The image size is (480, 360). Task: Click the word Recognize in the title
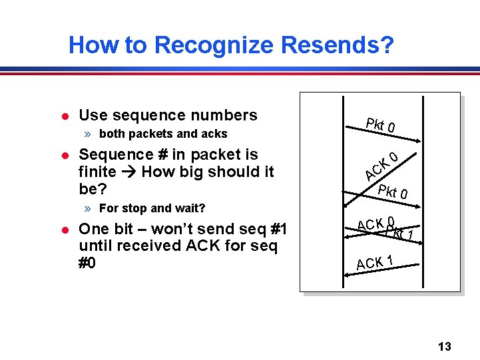(x=213, y=45)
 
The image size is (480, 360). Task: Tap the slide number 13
(x=445, y=347)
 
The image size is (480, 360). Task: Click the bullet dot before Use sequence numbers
(x=65, y=116)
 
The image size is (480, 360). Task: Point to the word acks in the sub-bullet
(x=214, y=134)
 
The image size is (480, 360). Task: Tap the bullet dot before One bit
(x=65, y=230)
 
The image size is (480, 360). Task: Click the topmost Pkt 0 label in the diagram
(x=381, y=124)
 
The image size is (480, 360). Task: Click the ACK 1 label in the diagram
(x=377, y=262)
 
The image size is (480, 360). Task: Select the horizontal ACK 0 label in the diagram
(x=375, y=224)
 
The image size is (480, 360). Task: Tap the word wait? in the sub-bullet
(x=189, y=208)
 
